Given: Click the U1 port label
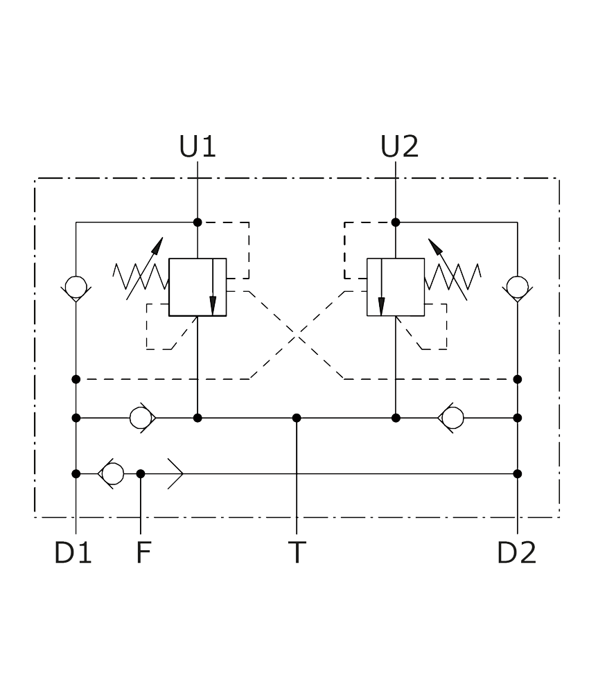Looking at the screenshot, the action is pyautogui.click(x=197, y=147).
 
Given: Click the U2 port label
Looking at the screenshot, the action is pyautogui.click(x=399, y=147).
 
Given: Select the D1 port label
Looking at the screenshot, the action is pyautogui.click(x=73, y=552).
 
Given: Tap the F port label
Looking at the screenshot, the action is pyautogui.click(x=143, y=552).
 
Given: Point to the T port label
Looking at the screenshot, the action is pyautogui.click(x=297, y=552).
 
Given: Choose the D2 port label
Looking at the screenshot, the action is pyautogui.click(x=516, y=552).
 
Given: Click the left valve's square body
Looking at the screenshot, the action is pyautogui.click(x=197, y=288).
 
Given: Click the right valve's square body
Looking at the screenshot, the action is pyautogui.click(x=396, y=288).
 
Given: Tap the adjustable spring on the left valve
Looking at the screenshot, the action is pyautogui.click(x=141, y=277).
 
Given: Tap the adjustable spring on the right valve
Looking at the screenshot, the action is pyautogui.click(x=453, y=277).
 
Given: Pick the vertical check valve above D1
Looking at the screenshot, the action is pyautogui.click(x=76, y=288).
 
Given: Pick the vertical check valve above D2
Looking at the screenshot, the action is pyautogui.click(x=518, y=288).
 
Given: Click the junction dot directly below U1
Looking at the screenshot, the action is pyautogui.click(x=197, y=222).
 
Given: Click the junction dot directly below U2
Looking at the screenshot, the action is pyautogui.click(x=396, y=222).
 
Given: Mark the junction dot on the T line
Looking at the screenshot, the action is pyautogui.click(x=297, y=418).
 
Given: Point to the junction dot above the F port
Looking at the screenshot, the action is pyautogui.click(x=141, y=474).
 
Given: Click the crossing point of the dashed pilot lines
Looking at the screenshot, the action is pyautogui.click(x=297, y=335).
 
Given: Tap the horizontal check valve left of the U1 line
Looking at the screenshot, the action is pyautogui.click(x=142, y=418).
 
